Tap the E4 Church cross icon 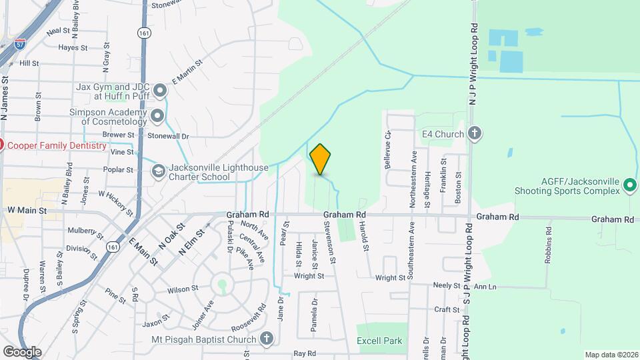point(475,133)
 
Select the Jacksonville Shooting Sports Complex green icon point(631,190)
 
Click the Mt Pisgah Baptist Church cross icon point(267,339)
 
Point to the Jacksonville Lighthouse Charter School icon point(159,172)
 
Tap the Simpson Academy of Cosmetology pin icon point(158,117)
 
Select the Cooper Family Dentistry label point(56,145)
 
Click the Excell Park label point(379,341)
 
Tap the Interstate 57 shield point(21,45)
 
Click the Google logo point(22,351)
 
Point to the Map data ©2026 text point(611,355)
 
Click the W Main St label point(27,210)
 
